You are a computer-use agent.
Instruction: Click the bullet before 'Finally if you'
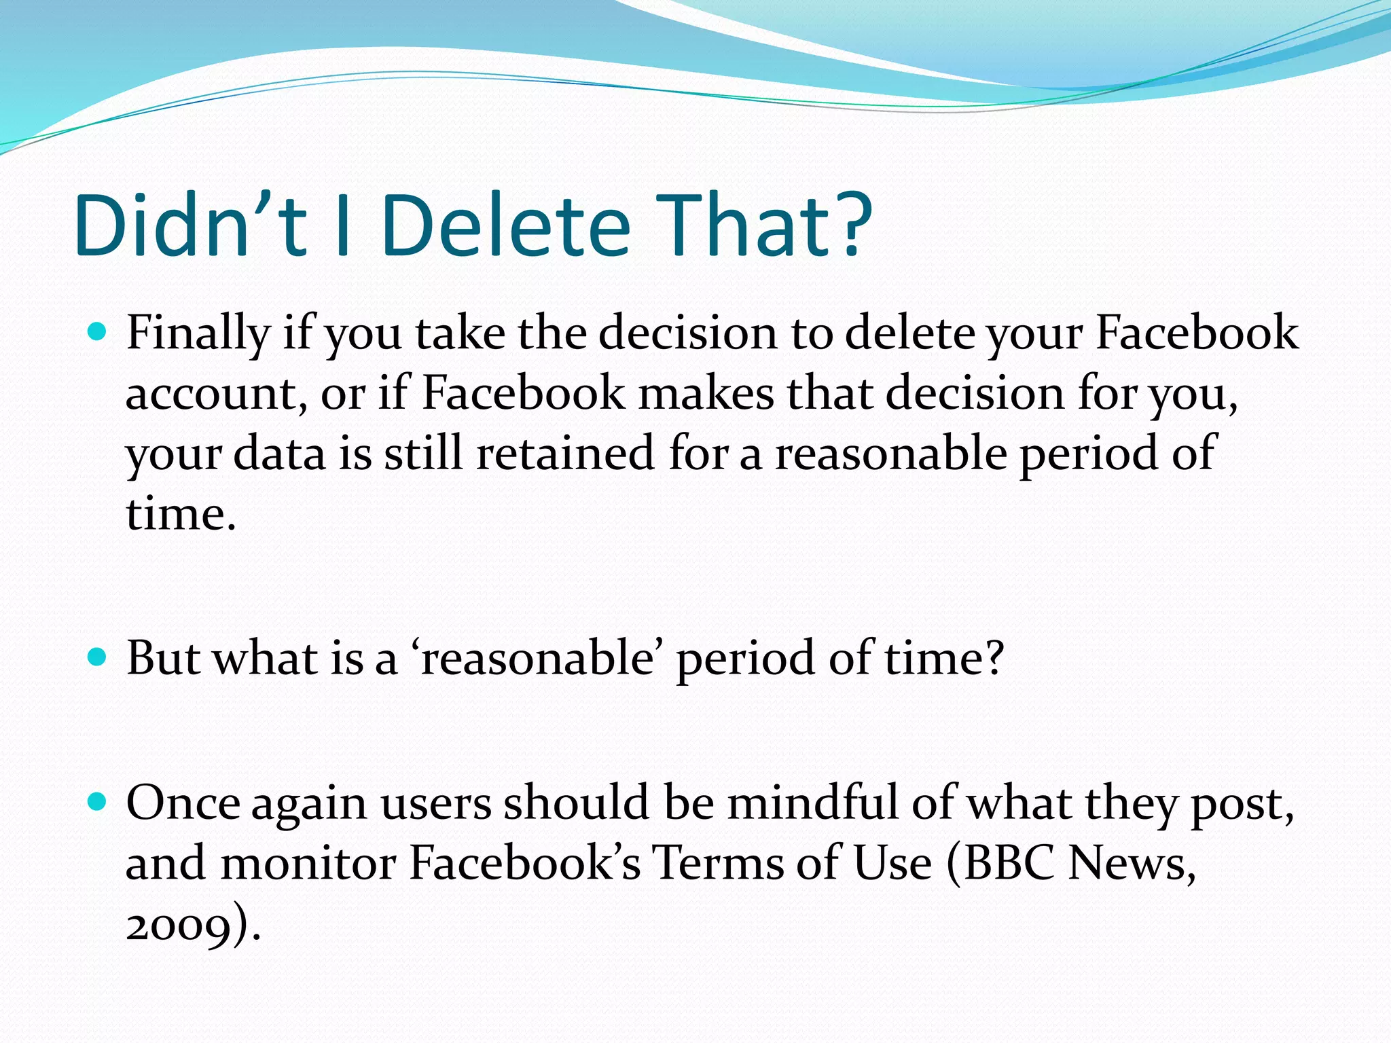(98, 333)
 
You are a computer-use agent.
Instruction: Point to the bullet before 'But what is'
(98, 657)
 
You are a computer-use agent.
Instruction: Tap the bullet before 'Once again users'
(98, 802)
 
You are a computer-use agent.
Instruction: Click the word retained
(564, 454)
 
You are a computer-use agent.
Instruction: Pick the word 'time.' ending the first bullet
(181, 514)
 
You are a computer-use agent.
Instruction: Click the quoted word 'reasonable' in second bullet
(536, 659)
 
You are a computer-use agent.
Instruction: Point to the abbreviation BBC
(1009, 864)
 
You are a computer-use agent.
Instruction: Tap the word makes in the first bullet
(706, 394)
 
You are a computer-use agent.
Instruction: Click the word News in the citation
(1131, 864)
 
